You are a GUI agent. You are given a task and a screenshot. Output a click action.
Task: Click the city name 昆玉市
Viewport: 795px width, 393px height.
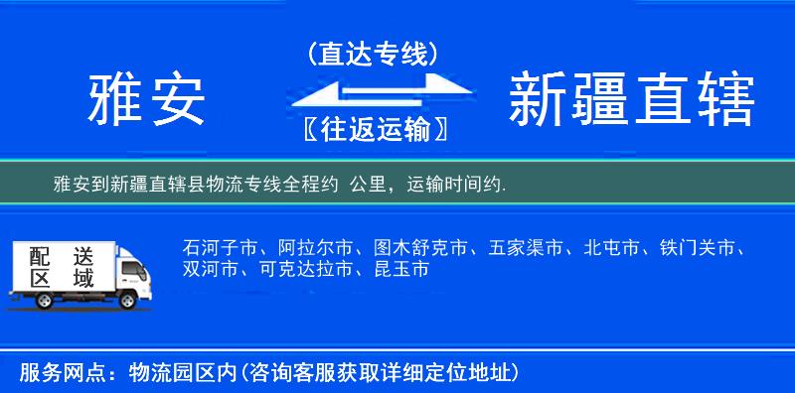click(x=397, y=269)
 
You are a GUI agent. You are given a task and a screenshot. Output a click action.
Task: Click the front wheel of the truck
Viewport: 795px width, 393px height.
click(x=128, y=299)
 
